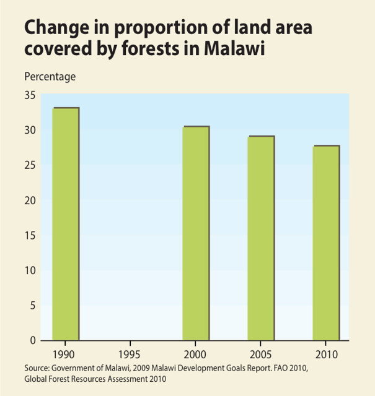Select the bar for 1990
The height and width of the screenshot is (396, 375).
point(66,223)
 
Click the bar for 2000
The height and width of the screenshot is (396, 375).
point(195,233)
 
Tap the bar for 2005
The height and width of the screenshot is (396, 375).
point(260,238)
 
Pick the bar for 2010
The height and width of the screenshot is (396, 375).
point(325,243)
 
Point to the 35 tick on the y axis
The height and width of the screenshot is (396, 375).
point(30,95)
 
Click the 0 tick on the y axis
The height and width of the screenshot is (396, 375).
point(32,340)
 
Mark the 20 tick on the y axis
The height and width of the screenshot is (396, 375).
point(30,200)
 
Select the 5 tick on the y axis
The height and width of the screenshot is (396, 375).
point(32,306)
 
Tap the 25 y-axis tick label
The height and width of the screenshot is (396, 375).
point(30,165)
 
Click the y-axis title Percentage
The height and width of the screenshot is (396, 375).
point(50,77)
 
